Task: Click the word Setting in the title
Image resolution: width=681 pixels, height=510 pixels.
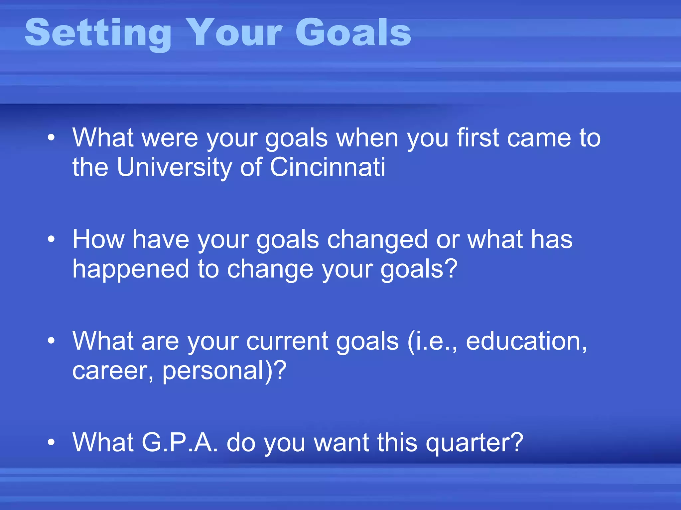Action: [x=98, y=33]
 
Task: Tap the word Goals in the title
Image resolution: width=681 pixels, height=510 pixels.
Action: [x=353, y=33]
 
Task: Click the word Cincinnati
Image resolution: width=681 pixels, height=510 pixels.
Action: [x=328, y=167]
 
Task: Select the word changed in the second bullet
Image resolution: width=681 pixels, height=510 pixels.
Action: [x=377, y=240]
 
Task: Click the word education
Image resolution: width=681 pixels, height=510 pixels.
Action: [x=526, y=341]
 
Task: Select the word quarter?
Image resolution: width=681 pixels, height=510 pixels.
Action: [x=475, y=443]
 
